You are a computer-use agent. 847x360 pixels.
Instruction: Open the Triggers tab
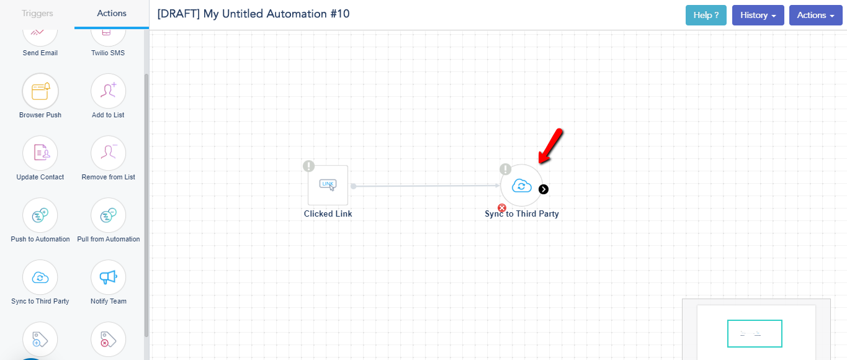tap(37, 13)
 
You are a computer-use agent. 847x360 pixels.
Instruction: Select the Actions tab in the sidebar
tap(112, 13)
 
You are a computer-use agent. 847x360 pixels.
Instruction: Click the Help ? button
tap(706, 15)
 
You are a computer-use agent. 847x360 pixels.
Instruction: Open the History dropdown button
tap(758, 15)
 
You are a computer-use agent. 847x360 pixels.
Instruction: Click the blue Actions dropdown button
tap(815, 15)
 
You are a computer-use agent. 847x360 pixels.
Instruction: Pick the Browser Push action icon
tap(40, 91)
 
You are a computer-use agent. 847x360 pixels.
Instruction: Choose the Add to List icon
tap(108, 91)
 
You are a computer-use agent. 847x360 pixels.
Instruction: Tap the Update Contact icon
tap(40, 153)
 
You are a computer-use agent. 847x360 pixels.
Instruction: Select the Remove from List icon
tap(108, 153)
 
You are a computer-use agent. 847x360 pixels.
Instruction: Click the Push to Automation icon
tap(40, 215)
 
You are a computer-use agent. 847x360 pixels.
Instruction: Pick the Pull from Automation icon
tap(108, 215)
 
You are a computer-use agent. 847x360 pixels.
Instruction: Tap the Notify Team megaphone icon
tap(108, 277)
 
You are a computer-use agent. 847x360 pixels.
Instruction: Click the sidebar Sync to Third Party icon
tap(40, 277)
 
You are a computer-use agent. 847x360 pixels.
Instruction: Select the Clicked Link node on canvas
tap(328, 185)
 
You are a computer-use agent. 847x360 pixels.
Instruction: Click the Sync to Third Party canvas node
tap(521, 186)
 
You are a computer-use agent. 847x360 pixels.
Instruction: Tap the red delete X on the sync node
tap(502, 208)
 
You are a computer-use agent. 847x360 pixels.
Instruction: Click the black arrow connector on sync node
tap(544, 189)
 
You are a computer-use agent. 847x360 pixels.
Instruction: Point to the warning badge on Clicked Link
tap(308, 166)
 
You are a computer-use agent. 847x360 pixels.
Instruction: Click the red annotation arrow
tap(550, 146)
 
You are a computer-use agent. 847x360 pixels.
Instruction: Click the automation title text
tap(253, 14)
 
